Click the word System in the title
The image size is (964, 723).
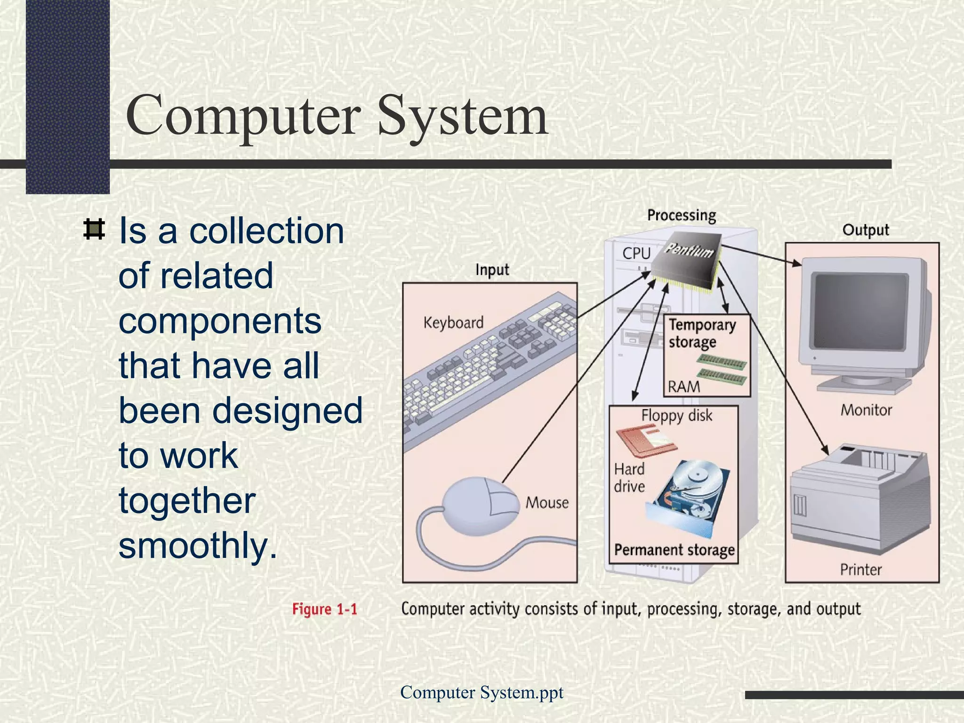coord(462,116)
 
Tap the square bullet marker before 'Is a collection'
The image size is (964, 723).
coord(94,230)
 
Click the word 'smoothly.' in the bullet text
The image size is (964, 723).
coord(198,546)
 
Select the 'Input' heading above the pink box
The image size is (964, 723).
coord(492,270)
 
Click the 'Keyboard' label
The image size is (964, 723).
coord(453,322)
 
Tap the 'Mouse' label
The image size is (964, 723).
coord(547,503)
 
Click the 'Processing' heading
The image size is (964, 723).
coord(682,215)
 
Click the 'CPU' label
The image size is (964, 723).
coord(636,253)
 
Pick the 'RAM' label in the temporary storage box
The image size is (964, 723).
coord(684,387)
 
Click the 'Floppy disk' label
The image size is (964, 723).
coord(676,416)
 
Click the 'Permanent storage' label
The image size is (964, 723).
coord(674,550)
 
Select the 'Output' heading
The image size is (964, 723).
coord(866,230)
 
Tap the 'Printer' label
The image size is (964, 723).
coord(861,570)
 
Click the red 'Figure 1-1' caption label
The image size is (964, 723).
coord(324,609)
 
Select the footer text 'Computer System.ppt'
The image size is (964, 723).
coord(482,692)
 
